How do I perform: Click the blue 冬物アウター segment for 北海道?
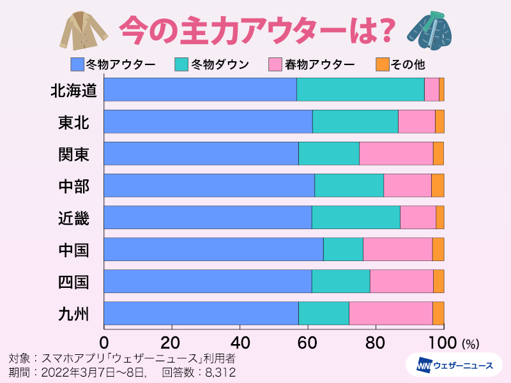coord(200,89)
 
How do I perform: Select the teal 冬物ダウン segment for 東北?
coord(355,121)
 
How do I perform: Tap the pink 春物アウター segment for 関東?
coord(396,153)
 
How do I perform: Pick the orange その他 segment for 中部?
coord(438,185)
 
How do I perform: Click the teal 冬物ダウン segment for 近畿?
coord(356,217)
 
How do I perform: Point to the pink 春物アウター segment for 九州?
coord(391,313)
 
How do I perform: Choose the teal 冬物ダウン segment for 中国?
coord(343,249)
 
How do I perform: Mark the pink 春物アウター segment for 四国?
coord(402,281)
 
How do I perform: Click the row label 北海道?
coord(73,90)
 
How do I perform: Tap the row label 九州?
coord(73,313)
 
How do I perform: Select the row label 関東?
coord(73,154)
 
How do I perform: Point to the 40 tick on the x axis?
coord(240,340)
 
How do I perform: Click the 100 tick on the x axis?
coord(443,340)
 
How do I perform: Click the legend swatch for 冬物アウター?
coord(77,64)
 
